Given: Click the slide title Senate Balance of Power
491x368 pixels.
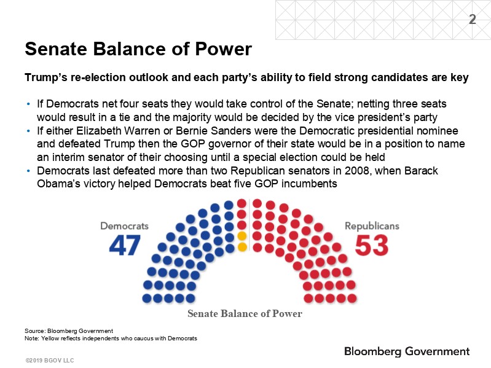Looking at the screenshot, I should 138,49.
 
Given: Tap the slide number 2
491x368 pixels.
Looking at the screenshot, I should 472,20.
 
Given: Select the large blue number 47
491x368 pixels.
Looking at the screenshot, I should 125,246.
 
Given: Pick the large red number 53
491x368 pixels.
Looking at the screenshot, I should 372,246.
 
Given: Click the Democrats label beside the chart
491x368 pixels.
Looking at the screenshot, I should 124,226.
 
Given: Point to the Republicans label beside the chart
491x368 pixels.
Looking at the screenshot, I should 372,226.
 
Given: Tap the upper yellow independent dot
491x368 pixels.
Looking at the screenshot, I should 242,236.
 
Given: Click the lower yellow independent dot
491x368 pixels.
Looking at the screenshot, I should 242,247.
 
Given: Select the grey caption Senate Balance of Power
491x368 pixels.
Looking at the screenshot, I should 245,313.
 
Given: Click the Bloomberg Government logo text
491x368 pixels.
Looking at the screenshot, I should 407,351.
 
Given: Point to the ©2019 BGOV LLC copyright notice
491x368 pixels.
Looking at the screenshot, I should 50,361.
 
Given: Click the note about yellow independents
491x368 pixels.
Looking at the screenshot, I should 111,338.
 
